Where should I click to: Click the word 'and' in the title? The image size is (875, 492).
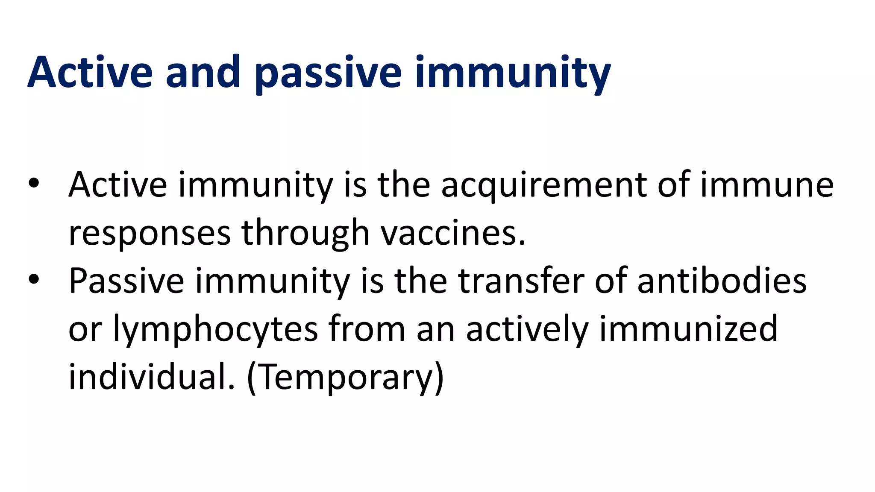(203, 73)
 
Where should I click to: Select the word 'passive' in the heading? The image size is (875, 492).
(328, 73)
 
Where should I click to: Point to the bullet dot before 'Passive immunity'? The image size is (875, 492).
(34, 280)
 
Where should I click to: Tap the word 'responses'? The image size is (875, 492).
(150, 234)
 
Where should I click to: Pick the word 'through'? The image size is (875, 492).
(305, 234)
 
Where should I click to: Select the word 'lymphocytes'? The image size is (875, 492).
(215, 330)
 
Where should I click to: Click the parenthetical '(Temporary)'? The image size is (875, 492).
(345, 378)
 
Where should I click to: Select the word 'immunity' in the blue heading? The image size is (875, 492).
(513, 73)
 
